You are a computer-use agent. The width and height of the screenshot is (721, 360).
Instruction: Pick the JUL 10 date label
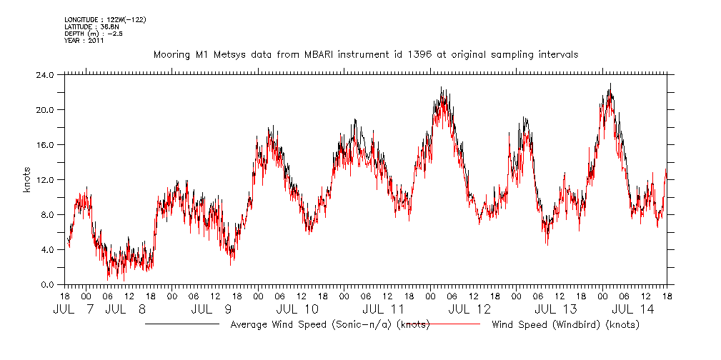click(x=297, y=309)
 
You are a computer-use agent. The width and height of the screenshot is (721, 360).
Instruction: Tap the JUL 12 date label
click(x=469, y=309)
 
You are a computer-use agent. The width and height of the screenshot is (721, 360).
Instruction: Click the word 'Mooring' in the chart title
click(x=171, y=54)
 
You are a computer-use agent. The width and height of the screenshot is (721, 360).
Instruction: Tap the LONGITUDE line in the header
click(x=105, y=19)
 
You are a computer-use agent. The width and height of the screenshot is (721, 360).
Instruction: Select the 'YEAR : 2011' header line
click(x=84, y=41)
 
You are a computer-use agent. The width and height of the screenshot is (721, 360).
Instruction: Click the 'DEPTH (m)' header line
click(x=94, y=34)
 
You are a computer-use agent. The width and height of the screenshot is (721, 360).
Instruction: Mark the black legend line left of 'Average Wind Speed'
click(x=182, y=324)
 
